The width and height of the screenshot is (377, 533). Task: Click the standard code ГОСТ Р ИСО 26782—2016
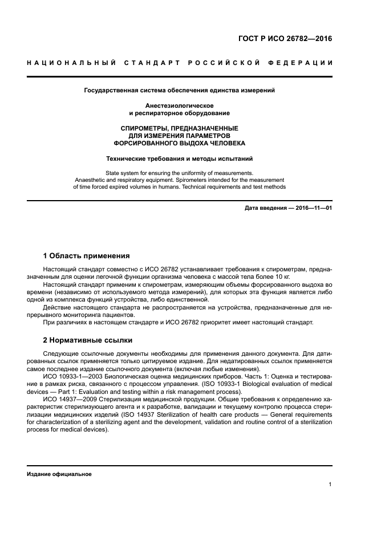[285, 39]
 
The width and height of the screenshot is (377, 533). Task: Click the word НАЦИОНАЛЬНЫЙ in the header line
[69, 62]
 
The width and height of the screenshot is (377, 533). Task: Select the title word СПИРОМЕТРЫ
[144, 129]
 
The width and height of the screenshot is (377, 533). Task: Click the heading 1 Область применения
[87, 255]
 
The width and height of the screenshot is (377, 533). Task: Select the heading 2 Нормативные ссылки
[88, 340]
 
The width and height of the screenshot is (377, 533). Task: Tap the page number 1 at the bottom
[330, 484]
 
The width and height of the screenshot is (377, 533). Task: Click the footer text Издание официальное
[59, 474]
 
